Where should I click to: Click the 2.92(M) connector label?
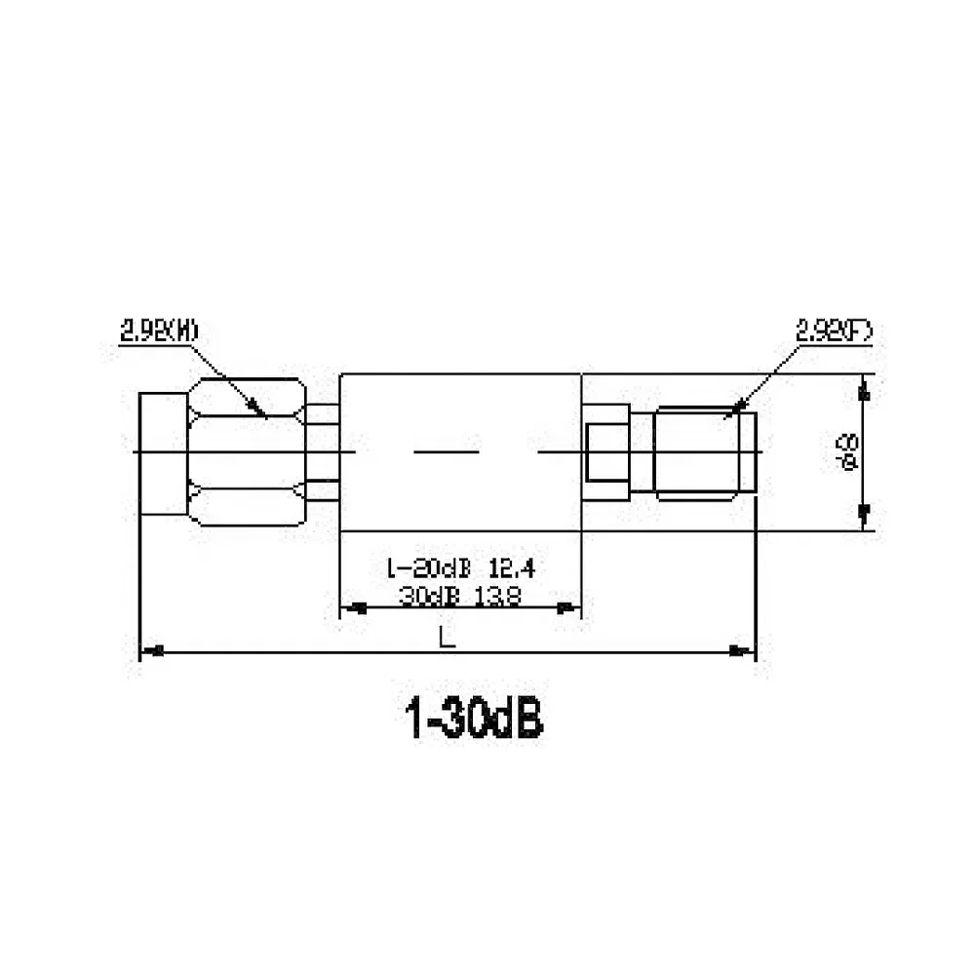click(159, 331)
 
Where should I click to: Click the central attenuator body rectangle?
click(459, 409)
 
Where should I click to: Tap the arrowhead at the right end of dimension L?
click(745, 650)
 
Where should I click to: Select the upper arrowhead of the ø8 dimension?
click(862, 392)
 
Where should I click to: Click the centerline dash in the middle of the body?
click(447, 452)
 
